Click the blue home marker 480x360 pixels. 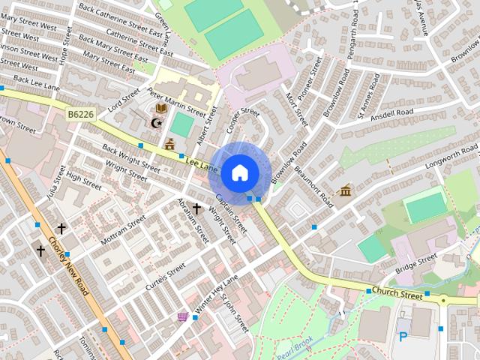239,173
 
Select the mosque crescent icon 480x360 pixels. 156,123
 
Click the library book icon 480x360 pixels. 161,108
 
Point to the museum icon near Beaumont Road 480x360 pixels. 345,192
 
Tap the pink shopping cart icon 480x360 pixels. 182,317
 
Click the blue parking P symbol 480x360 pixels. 403,337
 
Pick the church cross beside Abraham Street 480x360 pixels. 196,208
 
